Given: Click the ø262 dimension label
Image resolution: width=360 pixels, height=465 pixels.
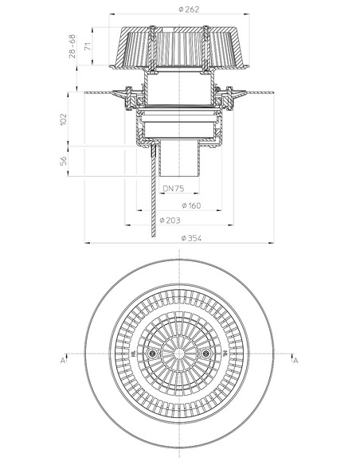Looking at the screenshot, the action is (x=189, y=10).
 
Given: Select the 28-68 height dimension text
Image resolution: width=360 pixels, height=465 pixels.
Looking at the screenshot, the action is (x=72, y=46).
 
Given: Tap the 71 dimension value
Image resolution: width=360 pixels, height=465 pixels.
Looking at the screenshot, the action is (x=88, y=46).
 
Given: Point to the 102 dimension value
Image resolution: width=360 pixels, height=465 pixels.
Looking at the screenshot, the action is (x=64, y=119).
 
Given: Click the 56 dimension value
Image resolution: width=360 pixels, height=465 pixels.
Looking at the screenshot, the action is (x=64, y=161).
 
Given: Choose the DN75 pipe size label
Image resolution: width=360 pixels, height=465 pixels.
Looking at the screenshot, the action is (x=174, y=189).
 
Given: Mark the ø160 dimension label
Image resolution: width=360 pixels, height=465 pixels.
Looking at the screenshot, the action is (x=191, y=205).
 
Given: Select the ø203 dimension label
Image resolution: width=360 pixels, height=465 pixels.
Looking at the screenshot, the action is (x=170, y=221).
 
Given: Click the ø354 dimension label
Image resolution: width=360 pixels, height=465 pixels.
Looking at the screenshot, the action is (x=191, y=238).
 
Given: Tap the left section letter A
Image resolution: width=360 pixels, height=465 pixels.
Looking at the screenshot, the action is (x=63, y=361).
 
